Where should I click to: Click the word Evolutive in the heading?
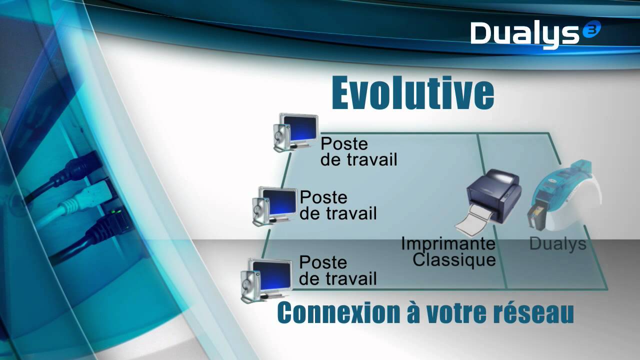pyautogui.click(x=412, y=93)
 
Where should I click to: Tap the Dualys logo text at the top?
pyautogui.click(x=525, y=34)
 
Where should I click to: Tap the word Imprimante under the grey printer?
pyautogui.click(x=448, y=244)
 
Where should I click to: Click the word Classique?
pyautogui.click(x=454, y=260)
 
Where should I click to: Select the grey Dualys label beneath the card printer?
pyautogui.click(x=557, y=244)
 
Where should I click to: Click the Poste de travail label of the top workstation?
pyautogui.click(x=358, y=151)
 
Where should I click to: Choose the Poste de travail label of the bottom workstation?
pyautogui.click(x=337, y=270)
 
